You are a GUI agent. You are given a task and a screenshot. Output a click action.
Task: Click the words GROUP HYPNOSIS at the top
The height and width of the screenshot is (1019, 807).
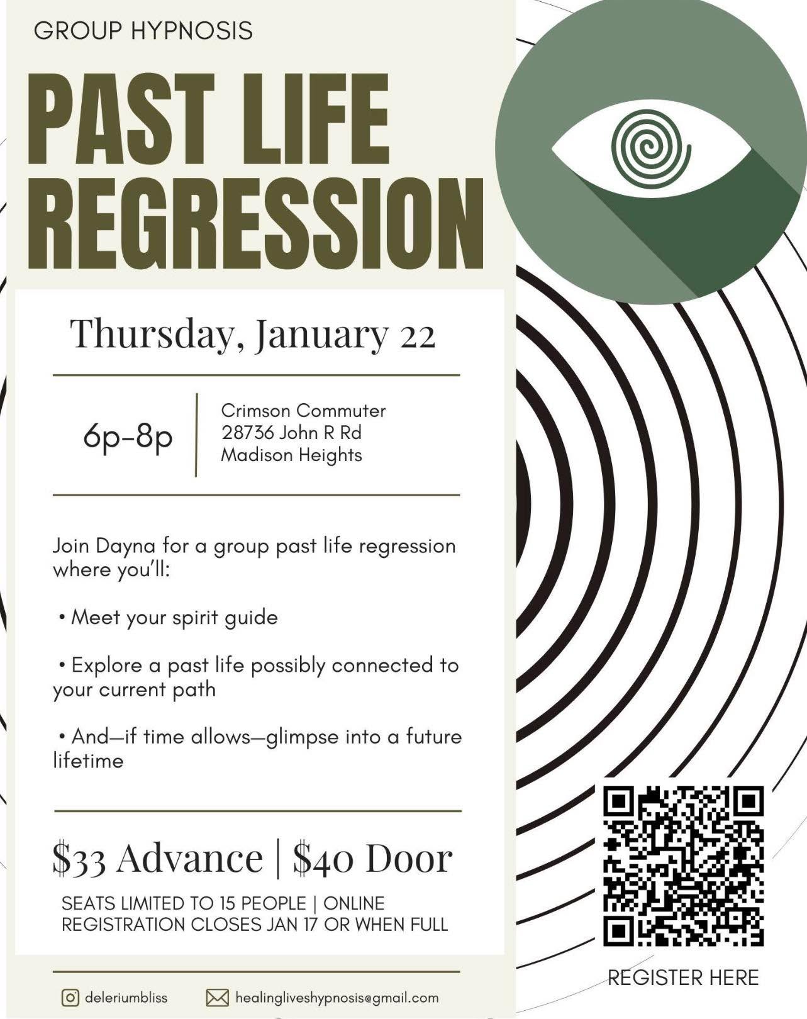tap(143, 31)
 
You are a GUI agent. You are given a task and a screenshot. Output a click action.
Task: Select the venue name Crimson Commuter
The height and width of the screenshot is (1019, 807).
tap(304, 411)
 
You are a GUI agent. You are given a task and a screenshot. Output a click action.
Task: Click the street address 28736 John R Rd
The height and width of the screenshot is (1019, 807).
tap(292, 433)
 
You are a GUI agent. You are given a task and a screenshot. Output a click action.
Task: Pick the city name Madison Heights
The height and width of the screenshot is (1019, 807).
tap(292, 455)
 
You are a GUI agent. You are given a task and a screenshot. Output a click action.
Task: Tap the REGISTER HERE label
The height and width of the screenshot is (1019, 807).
tap(683, 978)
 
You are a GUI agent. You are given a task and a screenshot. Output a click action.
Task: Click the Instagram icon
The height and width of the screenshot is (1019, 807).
tap(70, 998)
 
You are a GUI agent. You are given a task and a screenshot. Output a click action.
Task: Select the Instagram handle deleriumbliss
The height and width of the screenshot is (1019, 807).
tap(126, 998)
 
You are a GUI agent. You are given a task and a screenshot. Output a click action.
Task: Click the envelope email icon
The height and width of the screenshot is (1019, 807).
tap(218, 998)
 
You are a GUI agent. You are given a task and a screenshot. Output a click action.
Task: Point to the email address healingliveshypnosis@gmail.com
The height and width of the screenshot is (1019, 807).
tap(337, 998)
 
